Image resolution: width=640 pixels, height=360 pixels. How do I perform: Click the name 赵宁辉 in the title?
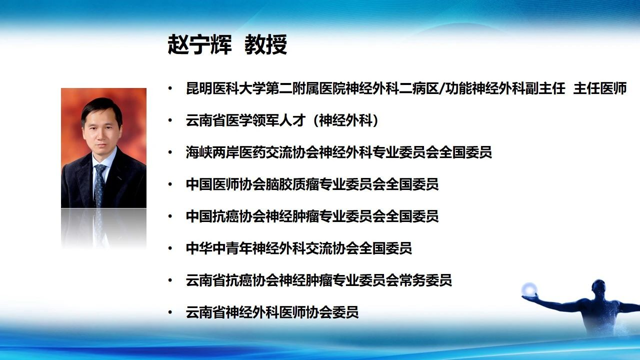pos(199,44)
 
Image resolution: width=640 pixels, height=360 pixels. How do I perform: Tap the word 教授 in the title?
pos(265,44)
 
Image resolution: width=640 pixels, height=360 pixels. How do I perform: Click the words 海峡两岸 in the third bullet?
pos(212,152)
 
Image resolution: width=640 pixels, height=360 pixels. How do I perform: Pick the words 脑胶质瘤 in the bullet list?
pos(292,184)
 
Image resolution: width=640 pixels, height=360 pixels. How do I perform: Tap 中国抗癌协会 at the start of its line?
pos(225,216)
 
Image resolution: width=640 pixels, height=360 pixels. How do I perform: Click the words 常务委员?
pos(425,280)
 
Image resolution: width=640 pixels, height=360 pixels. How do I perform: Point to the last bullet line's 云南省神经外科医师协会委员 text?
pos(272,312)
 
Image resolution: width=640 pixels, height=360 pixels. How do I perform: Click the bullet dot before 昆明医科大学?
pos(170,88)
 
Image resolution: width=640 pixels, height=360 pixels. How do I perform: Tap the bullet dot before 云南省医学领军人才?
pos(170,120)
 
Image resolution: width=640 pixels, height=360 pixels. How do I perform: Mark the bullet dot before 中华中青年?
pos(170,248)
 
